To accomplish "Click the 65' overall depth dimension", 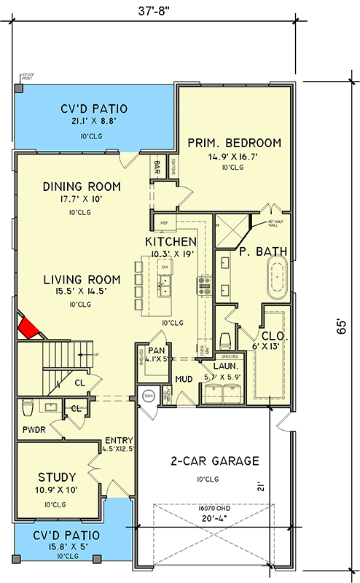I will point(340,329).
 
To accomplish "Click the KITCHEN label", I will point(171,241).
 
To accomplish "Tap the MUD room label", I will point(184,380).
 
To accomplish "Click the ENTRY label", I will point(118,440).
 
